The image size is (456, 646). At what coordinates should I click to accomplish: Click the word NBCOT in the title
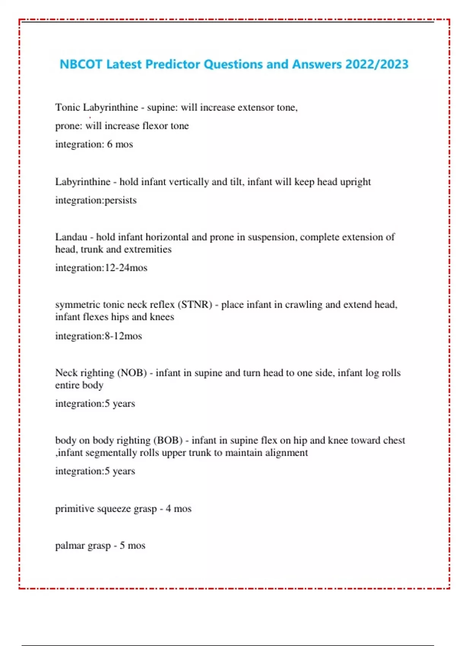81,64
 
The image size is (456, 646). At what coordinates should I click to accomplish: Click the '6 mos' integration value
120,144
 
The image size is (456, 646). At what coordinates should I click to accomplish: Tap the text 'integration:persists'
96,200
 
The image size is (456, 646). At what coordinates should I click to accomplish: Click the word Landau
71,237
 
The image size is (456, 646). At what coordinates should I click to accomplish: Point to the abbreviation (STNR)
195,305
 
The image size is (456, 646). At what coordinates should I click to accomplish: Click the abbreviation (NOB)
132,373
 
